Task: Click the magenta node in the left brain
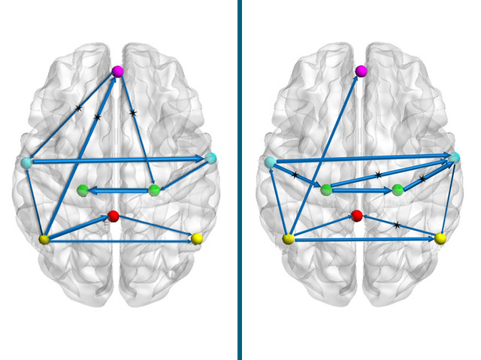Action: pyautogui.click(x=117, y=71)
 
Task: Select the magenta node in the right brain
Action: pyautogui.click(x=361, y=71)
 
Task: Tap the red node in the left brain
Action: pyautogui.click(x=113, y=216)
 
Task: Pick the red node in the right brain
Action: pyautogui.click(x=357, y=216)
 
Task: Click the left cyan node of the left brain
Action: pyautogui.click(x=27, y=162)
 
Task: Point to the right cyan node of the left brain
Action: pyautogui.click(x=211, y=158)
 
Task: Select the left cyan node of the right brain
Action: pyautogui.click(x=271, y=162)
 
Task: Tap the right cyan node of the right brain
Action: pyautogui.click(x=455, y=158)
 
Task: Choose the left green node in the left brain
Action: pyautogui.click(x=83, y=191)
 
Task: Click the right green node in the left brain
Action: pyautogui.click(x=154, y=190)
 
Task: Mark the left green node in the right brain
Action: pyautogui.click(x=326, y=191)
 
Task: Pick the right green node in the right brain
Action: pyautogui.click(x=398, y=190)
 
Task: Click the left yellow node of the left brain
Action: pyautogui.click(x=44, y=240)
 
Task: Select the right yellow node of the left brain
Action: pyautogui.click(x=197, y=239)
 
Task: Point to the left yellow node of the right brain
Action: pyautogui.click(x=288, y=240)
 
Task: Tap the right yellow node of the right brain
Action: pyautogui.click(x=440, y=239)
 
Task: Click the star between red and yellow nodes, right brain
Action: pyautogui.click(x=397, y=225)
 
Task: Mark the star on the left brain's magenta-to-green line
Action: pyautogui.click(x=133, y=113)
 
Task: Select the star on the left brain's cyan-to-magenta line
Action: pyautogui.click(x=79, y=108)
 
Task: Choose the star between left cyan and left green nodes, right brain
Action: pyautogui.click(x=295, y=175)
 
